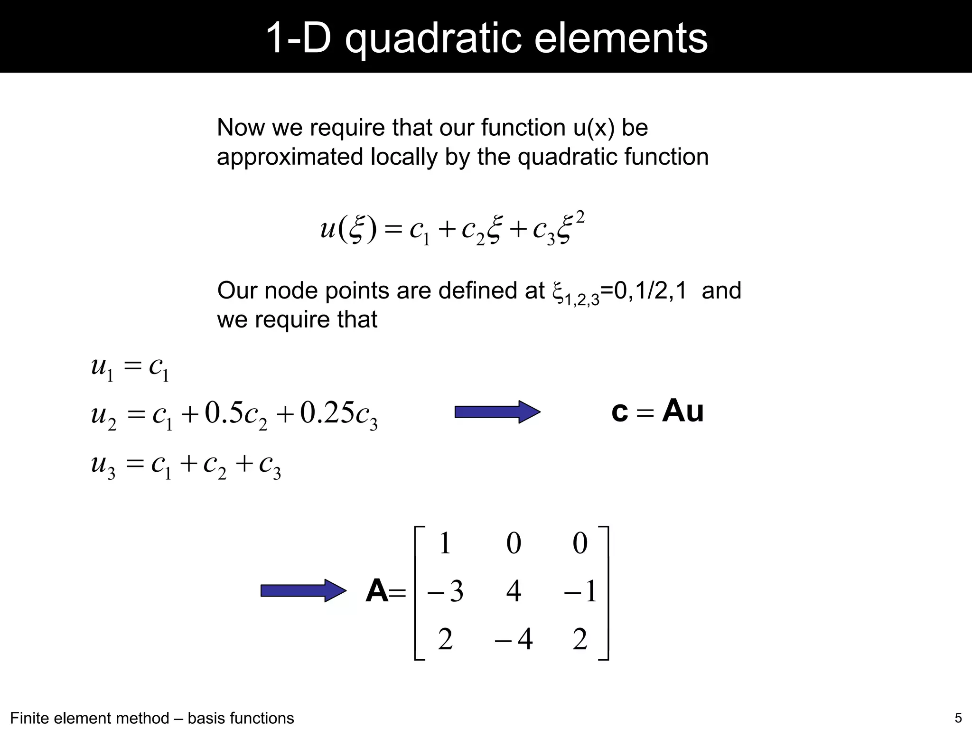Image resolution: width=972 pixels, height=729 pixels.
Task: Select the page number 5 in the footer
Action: (x=958, y=717)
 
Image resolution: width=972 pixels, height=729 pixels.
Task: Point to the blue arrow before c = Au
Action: (x=497, y=412)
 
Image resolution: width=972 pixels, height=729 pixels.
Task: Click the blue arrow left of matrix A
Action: (x=303, y=591)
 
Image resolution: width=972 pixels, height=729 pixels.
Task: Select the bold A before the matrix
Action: (x=377, y=591)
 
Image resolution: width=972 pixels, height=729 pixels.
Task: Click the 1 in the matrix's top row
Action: (x=445, y=543)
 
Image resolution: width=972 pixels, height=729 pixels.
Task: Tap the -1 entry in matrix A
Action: (x=579, y=591)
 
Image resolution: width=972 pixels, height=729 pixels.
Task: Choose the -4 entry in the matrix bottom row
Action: (x=514, y=639)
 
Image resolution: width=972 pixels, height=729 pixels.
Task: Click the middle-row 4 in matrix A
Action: (x=514, y=591)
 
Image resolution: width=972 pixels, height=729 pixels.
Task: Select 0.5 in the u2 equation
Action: (x=224, y=412)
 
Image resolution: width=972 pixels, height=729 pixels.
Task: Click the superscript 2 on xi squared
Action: (x=579, y=219)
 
